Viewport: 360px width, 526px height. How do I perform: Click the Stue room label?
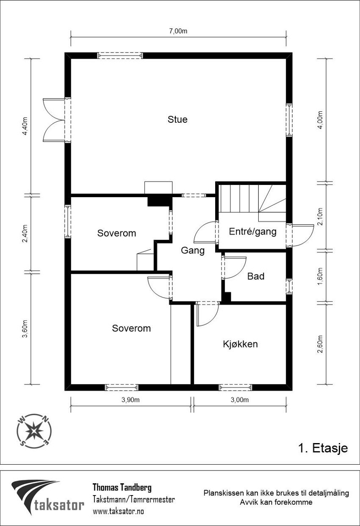177,119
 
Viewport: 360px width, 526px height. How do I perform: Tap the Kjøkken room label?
240,344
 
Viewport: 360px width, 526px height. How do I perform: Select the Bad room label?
256,276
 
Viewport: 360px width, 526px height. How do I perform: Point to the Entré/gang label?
252,231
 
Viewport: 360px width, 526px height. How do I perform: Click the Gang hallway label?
193,251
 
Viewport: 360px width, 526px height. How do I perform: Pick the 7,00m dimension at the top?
178,31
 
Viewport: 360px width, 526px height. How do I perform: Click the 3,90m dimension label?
130,399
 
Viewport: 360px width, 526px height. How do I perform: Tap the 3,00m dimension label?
240,399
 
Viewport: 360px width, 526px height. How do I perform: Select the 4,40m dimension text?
25,126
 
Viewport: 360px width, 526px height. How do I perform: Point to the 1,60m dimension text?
320,276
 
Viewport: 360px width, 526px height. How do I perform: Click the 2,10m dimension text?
320,217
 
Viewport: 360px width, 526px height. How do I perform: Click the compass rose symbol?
34,431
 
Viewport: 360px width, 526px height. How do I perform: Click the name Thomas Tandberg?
122,488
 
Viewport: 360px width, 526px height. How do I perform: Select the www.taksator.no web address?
119,511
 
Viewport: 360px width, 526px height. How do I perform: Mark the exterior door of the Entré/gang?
300,235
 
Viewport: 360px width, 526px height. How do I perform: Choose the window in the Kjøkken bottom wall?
235,388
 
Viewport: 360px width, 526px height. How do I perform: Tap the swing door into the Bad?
234,267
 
